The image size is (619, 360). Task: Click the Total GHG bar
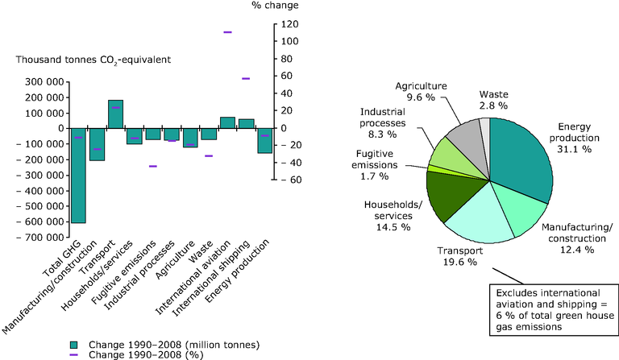tap(78, 175)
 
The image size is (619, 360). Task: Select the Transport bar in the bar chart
tap(116, 114)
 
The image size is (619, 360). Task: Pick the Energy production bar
tap(264, 140)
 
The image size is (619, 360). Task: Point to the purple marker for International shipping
tap(246, 78)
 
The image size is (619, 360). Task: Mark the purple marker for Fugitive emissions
tap(153, 166)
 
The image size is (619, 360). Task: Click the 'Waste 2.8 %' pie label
tap(494, 99)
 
